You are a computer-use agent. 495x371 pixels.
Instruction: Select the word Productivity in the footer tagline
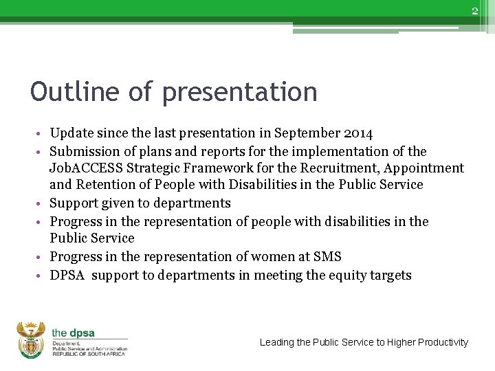pyautogui.click(x=442, y=342)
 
